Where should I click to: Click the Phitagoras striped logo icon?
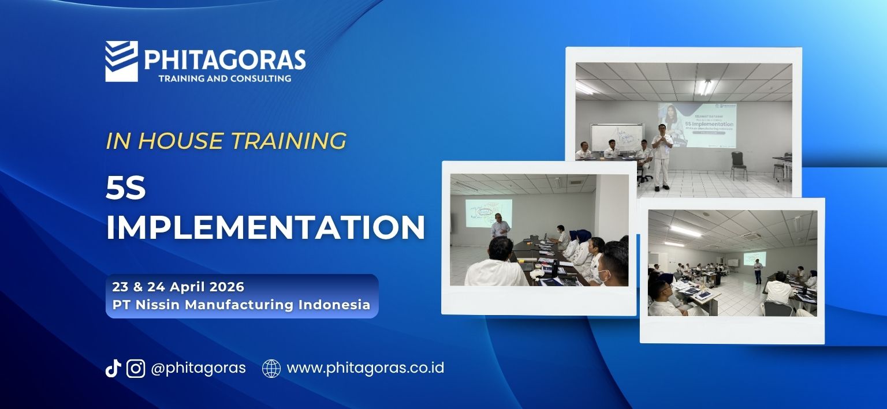(x=121, y=61)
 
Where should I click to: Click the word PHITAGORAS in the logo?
(x=225, y=59)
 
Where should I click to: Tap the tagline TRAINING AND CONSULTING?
(x=225, y=78)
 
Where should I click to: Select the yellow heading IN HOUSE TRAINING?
(x=226, y=141)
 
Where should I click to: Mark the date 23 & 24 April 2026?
(x=178, y=287)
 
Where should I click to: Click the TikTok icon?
(x=113, y=368)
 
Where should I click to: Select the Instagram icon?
(x=136, y=368)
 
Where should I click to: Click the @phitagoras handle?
(x=198, y=368)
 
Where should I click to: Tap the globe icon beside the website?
(x=271, y=368)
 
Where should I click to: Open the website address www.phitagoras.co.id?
(x=365, y=368)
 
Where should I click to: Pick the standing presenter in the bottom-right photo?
(x=757, y=271)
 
